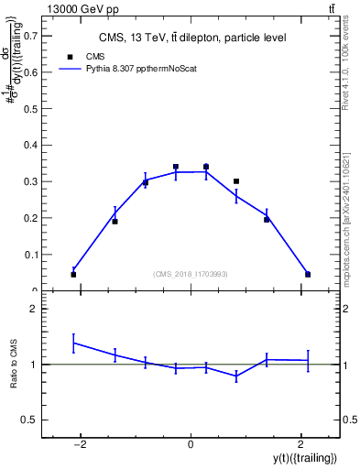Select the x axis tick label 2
[300, 444]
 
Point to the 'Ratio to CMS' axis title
[14, 364]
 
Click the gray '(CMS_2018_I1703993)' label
[191, 274]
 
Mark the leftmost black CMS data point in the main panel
[73, 274]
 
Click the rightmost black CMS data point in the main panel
[308, 274]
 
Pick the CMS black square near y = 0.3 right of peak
[236, 181]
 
